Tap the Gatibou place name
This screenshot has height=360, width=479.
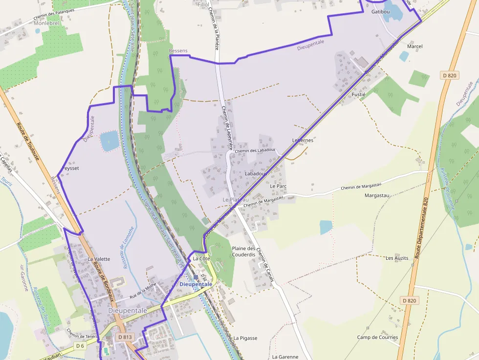point(381,11)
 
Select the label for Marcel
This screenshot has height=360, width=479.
point(414,46)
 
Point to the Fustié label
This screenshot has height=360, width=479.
point(359,94)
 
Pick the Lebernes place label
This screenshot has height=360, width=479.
point(303,140)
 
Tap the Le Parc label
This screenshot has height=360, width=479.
point(278,186)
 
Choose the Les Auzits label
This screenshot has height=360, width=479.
point(397,257)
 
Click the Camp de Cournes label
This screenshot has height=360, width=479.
point(377,337)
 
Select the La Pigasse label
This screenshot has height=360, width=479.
point(245,338)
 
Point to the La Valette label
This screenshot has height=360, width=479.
point(99,259)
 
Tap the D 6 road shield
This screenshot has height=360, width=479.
point(80,345)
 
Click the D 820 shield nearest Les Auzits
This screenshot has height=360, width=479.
point(409,300)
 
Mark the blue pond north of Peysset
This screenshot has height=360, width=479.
point(109,141)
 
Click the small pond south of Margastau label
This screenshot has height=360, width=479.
point(326,227)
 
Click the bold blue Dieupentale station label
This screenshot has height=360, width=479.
point(196,284)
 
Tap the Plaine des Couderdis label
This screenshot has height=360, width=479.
point(243,251)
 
